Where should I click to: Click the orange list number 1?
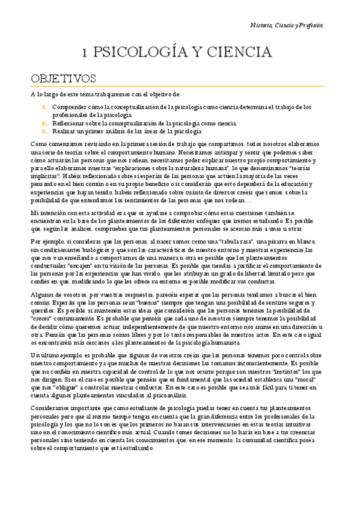44,107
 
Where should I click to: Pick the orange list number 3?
44,130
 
